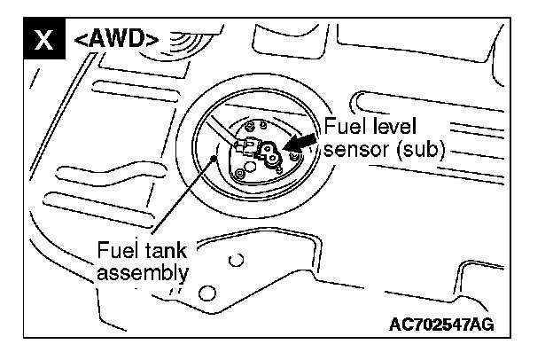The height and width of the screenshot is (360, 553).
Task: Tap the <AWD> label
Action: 115,39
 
